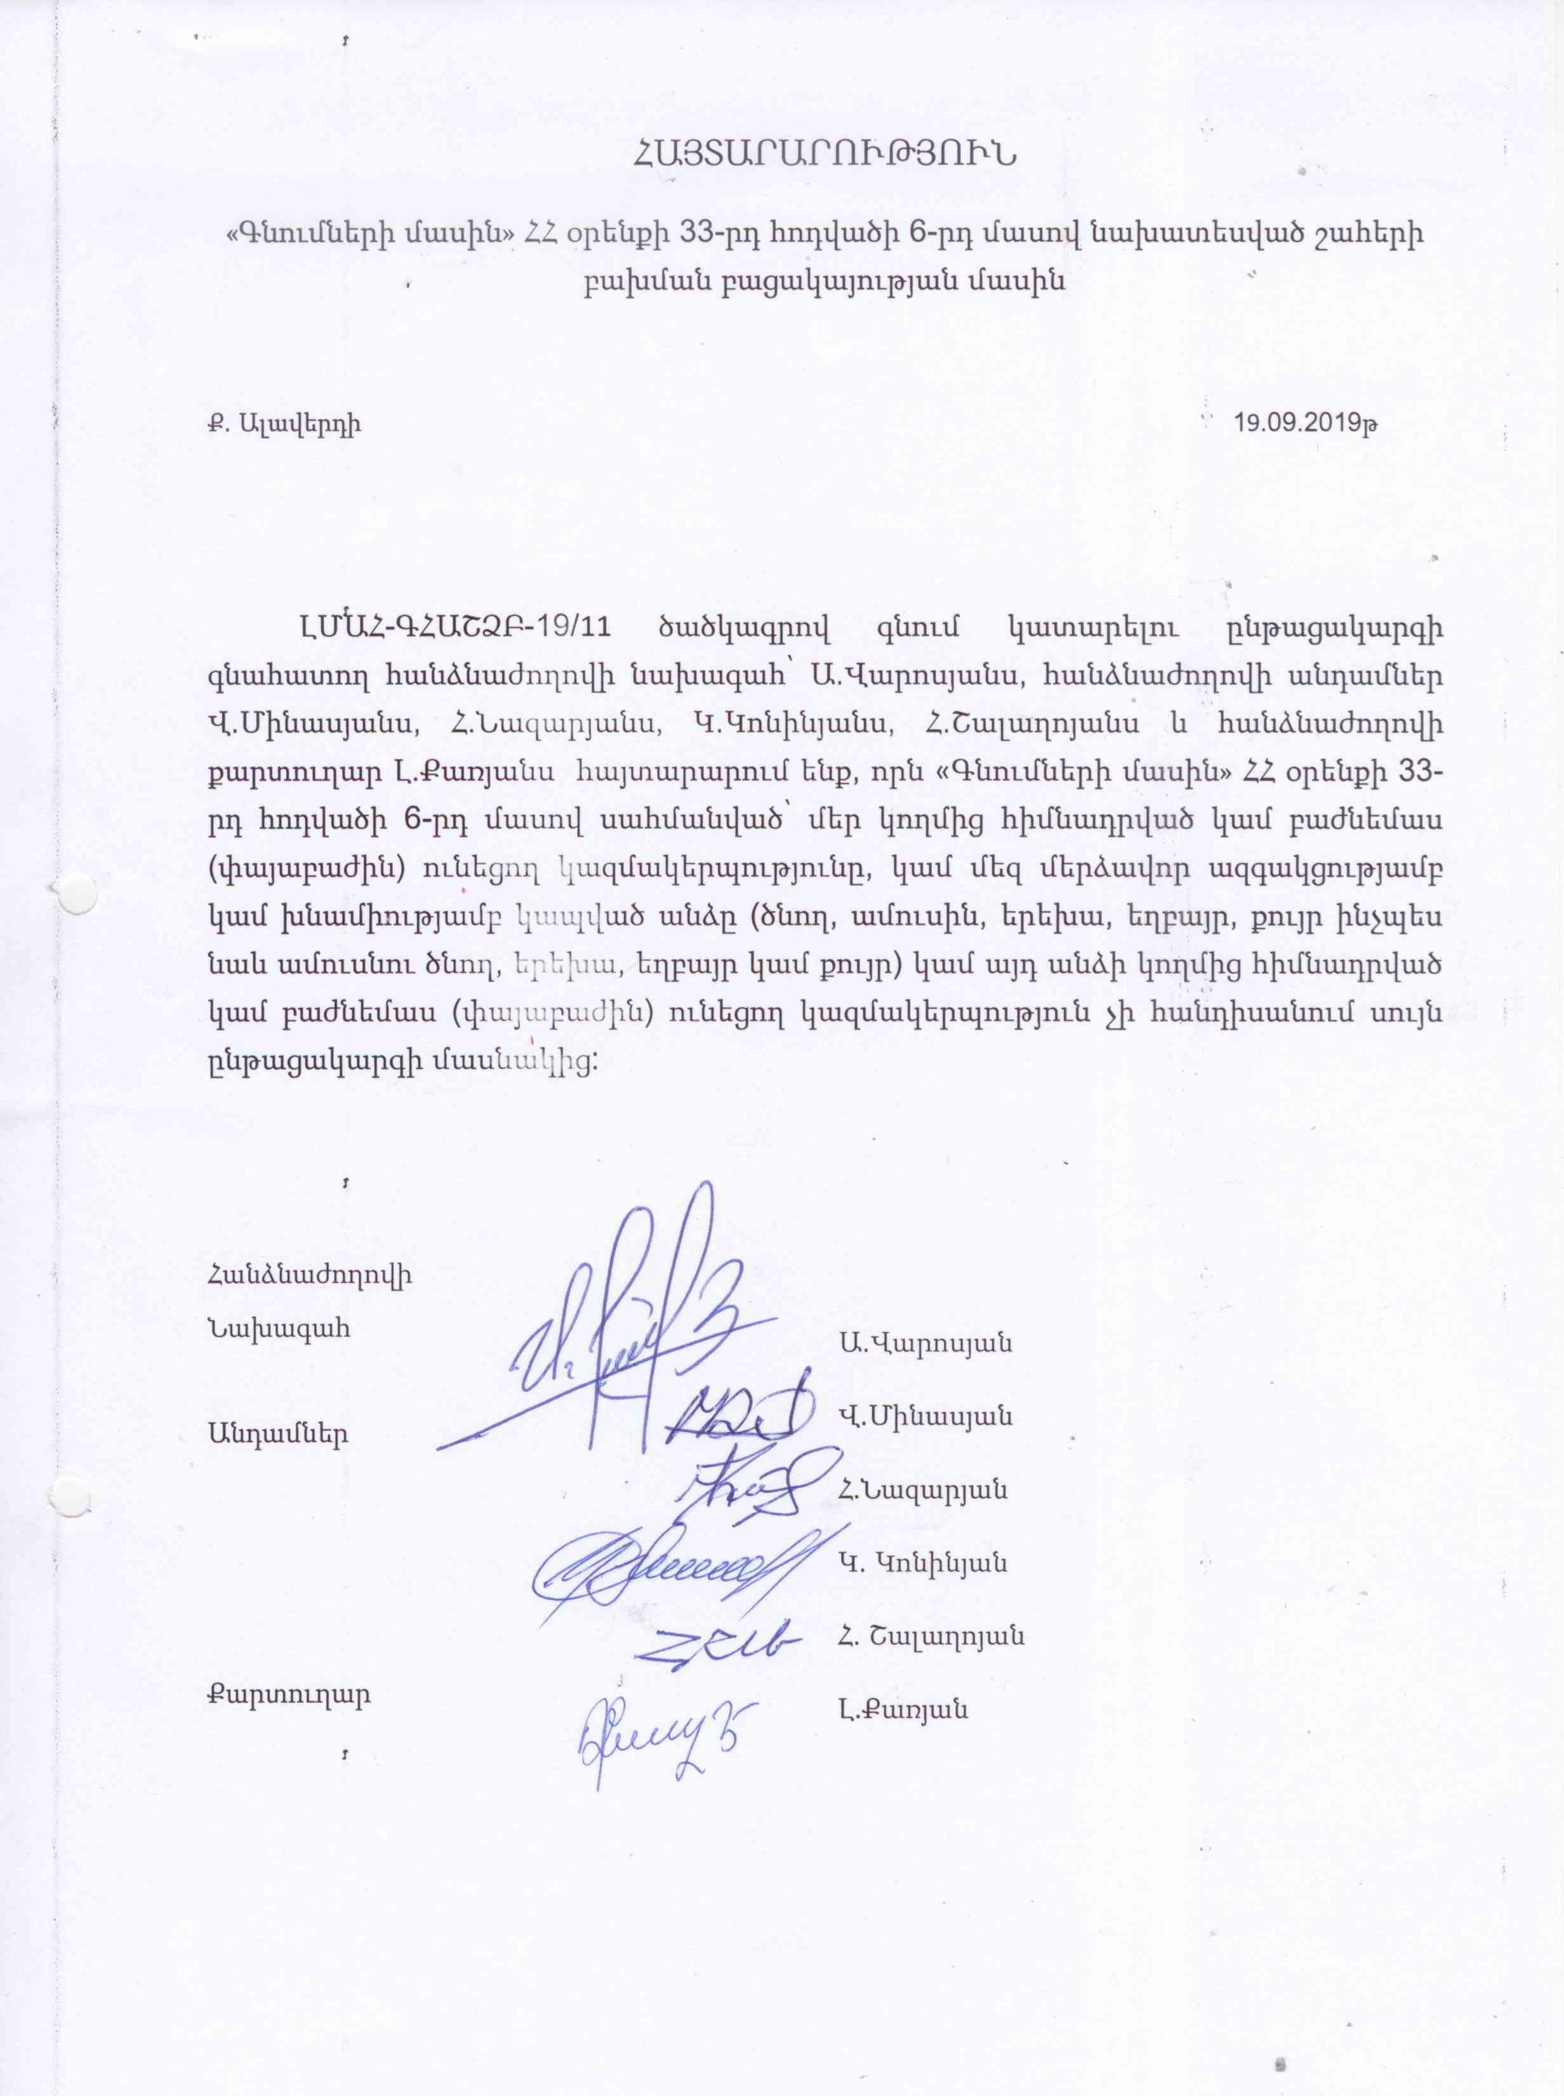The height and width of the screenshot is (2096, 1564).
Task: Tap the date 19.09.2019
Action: point(1306,422)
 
